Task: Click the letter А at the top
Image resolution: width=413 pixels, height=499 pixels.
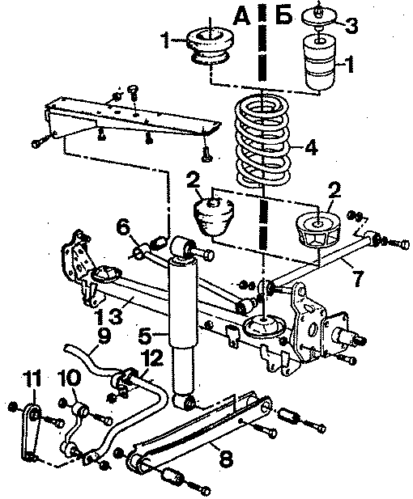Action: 241,15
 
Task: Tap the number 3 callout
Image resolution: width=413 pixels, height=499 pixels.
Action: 351,25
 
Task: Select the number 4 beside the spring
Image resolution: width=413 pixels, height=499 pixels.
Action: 311,147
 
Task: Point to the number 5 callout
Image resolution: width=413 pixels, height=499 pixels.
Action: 145,336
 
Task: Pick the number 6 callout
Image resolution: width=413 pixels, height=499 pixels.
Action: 123,229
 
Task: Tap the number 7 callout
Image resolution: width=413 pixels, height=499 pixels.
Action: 358,279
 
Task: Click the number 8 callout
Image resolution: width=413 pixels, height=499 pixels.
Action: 225,459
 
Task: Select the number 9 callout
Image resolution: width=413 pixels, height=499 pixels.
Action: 104,337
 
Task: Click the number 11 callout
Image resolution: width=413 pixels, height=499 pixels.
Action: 32,378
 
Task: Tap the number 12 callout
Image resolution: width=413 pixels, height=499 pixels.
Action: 151,358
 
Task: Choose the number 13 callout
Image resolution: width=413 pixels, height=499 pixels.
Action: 109,315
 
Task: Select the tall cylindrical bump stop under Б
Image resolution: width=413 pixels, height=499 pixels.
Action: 320,63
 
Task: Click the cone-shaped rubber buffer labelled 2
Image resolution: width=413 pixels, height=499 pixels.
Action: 214,218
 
